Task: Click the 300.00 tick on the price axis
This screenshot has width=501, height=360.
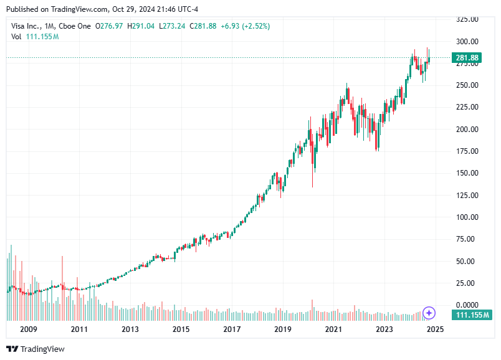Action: click(x=465, y=41)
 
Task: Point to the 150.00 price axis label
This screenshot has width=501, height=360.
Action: click(x=465, y=173)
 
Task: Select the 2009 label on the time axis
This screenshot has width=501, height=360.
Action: click(x=28, y=329)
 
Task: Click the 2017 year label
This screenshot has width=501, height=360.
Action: click(x=232, y=329)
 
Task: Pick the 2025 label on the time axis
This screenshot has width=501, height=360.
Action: click(x=435, y=329)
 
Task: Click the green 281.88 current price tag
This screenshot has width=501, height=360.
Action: click(x=467, y=58)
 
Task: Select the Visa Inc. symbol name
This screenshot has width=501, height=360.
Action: click(x=27, y=26)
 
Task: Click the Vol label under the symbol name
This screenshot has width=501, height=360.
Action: click(x=17, y=37)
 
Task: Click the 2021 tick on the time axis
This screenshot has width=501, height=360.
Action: click(x=333, y=329)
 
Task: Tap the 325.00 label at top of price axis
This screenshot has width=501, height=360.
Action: click(x=465, y=19)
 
